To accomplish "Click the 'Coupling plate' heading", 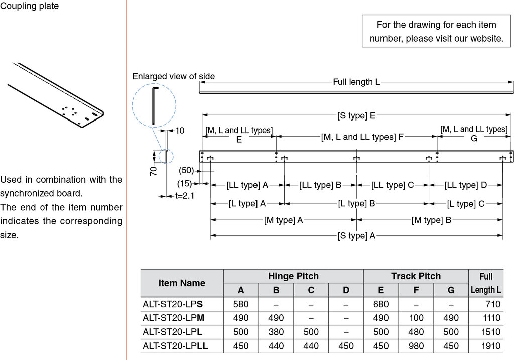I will [x=30, y=6].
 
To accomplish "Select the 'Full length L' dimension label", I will [x=356, y=82].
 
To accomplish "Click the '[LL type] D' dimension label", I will [x=465, y=185].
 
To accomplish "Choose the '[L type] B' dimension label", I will [x=356, y=203].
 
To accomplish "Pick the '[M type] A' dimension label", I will [x=284, y=220].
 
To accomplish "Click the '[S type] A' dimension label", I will [x=356, y=236].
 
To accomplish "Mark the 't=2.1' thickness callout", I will [x=184, y=195].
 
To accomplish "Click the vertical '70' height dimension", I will [x=154, y=171].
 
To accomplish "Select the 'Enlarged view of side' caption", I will [x=173, y=76].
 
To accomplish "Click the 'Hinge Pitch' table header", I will [x=293, y=276].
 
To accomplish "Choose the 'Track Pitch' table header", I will [x=416, y=276].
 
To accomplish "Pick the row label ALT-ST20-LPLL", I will [x=175, y=346].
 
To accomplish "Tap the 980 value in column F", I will [x=416, y=346].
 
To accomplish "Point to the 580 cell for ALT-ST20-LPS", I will [x=241, y=304].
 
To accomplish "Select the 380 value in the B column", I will [x=276, y=332].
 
